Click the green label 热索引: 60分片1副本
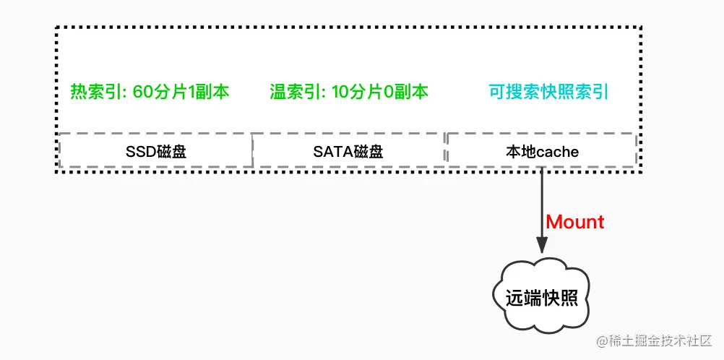[150, 93]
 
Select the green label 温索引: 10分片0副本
[349, 93]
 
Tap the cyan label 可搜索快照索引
[548, 93]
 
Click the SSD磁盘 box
[155, 152]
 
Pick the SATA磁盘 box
[348, 152]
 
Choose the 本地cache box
[542, 152]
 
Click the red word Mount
[575, 222]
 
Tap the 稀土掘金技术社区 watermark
[654, 340]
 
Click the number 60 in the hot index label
[142, 93]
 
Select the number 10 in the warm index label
[340, 93]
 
